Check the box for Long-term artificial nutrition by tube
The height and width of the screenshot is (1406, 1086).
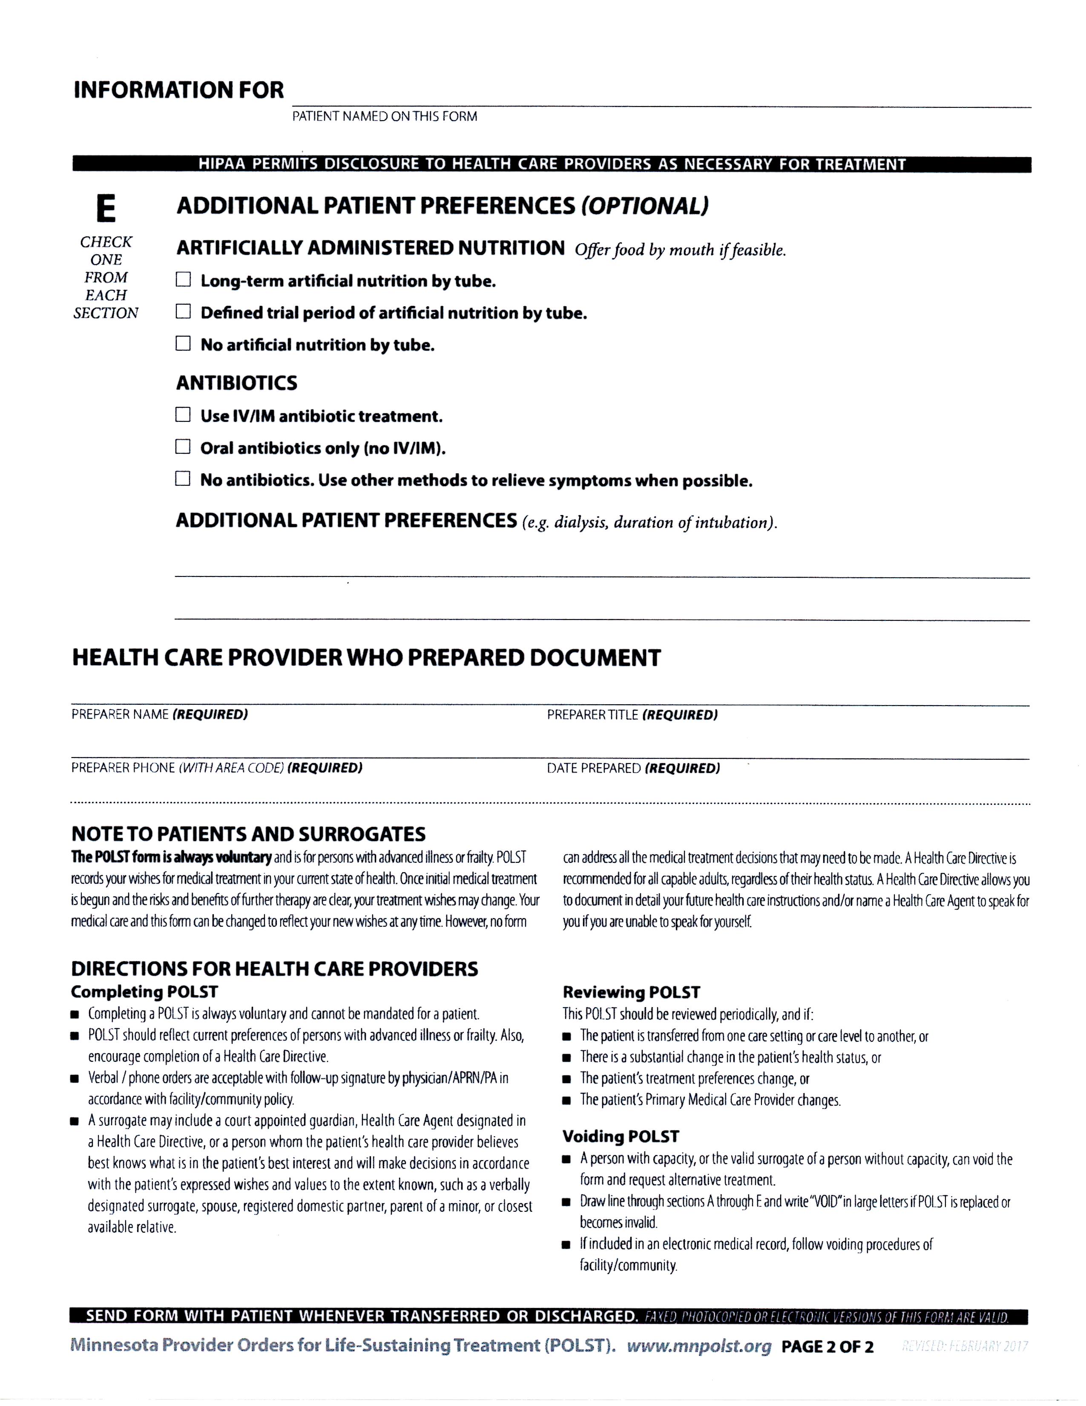click(x=184, y=280)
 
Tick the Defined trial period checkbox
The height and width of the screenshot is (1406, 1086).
click(x=184, y=312)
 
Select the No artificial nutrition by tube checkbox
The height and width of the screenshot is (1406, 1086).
click(x=184, y=344)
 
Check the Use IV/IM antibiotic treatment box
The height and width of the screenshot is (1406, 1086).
click(x=184, y=415)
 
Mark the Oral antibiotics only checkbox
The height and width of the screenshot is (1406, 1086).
click(x=184, y=447)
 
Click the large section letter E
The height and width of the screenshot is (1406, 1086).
click(x=106, y=209)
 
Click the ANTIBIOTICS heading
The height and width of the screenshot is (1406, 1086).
click(x=237, y=383)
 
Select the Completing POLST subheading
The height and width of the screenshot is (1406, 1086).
click(x=145, y=991)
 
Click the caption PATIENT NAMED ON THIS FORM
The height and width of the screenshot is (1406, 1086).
click(x=385, y=116)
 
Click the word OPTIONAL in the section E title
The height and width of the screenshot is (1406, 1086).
click(x=645, y=206)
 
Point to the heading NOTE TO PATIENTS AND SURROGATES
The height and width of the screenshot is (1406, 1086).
click(x=248, y=834)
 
